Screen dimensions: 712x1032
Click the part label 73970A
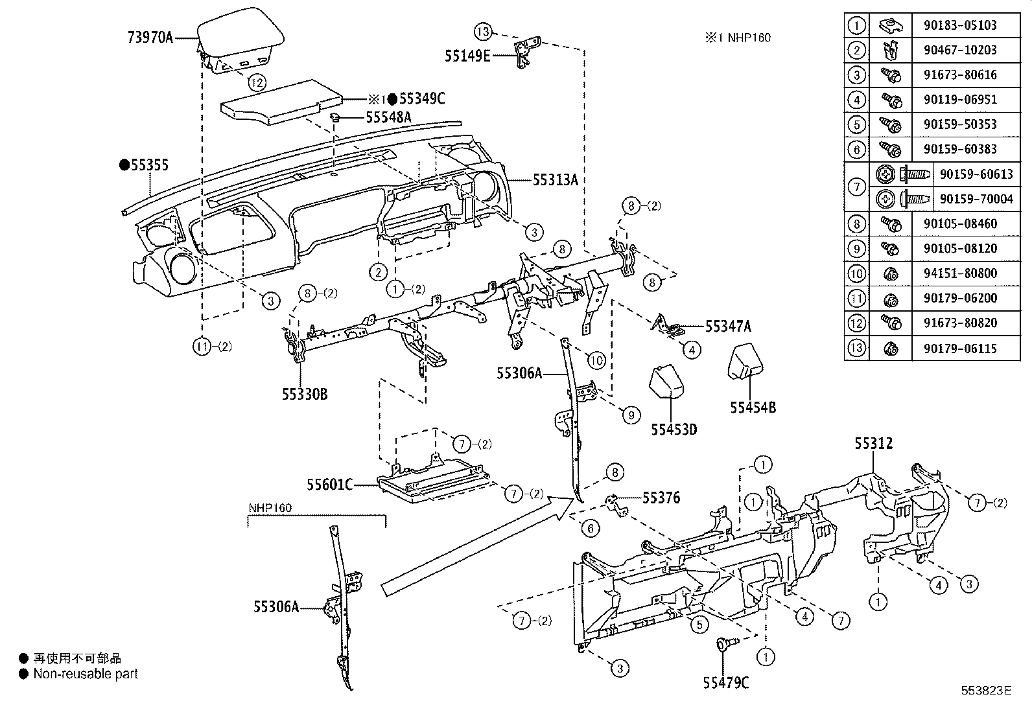point(150,38)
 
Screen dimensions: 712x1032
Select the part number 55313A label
point(555,180)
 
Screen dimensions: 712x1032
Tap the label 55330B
point(304,393)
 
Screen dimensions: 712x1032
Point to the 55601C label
point(329,484)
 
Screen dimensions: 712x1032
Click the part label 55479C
point(725,682)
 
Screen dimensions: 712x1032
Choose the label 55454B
point(753,408)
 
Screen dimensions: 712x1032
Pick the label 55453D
point(674,430)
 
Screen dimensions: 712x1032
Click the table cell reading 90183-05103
point(960,25)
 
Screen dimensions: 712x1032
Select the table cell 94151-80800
point(960,273)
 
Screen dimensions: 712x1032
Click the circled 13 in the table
point(856,348)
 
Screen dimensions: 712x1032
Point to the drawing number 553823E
point(986,691)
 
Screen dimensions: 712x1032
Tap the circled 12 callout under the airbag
point(257,82)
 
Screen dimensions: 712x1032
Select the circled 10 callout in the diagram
point(596,360)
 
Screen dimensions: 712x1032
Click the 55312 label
point(873,444)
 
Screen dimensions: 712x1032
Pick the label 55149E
point(467,56)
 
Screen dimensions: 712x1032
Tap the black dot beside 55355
point(124,165)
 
